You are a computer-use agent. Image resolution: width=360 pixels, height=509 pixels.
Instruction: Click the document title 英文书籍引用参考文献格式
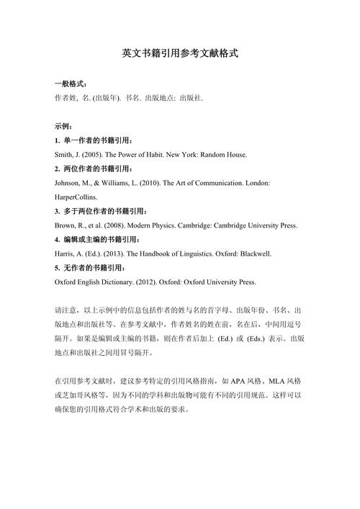coord(180,53)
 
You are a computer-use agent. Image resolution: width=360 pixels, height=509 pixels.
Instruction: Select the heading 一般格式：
coord(71,84)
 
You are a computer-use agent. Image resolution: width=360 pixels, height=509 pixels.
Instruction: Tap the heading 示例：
coord(65,127)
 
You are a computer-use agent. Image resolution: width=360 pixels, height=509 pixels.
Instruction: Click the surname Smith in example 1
coord(64,155)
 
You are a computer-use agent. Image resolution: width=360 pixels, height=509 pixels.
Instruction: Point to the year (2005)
coord(96,155)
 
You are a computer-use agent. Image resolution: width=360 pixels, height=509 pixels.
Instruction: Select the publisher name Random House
coord(224,155)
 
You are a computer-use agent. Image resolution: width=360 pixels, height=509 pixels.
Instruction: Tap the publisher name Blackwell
coord(255,253)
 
